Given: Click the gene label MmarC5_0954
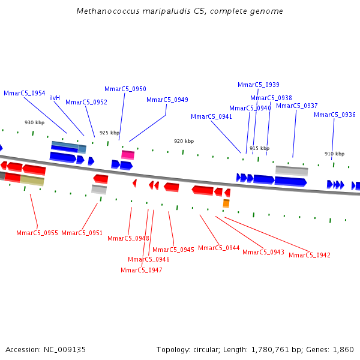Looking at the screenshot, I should point(24,93).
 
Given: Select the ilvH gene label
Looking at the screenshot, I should point(55,98).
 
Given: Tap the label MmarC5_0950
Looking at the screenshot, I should point(125,89).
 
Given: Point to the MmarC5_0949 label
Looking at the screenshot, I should point(167,100).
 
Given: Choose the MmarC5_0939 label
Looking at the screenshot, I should point(258,85).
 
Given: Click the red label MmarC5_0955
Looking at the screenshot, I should point(37,233).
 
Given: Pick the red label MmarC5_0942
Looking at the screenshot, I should point(309,255).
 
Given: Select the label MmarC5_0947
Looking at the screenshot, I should point(141,270).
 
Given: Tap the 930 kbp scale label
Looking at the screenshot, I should point(34,122).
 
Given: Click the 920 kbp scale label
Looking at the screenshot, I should point(184,141).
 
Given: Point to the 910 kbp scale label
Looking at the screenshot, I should point(334,154).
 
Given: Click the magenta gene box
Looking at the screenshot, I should point(128,155).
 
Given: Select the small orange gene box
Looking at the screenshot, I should point(226,203).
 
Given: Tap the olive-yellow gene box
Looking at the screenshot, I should point(32,180).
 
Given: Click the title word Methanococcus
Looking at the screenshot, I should point(105,11).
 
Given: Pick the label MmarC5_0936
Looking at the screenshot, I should point(334,115).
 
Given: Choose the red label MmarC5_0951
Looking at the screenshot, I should point(82,233).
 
